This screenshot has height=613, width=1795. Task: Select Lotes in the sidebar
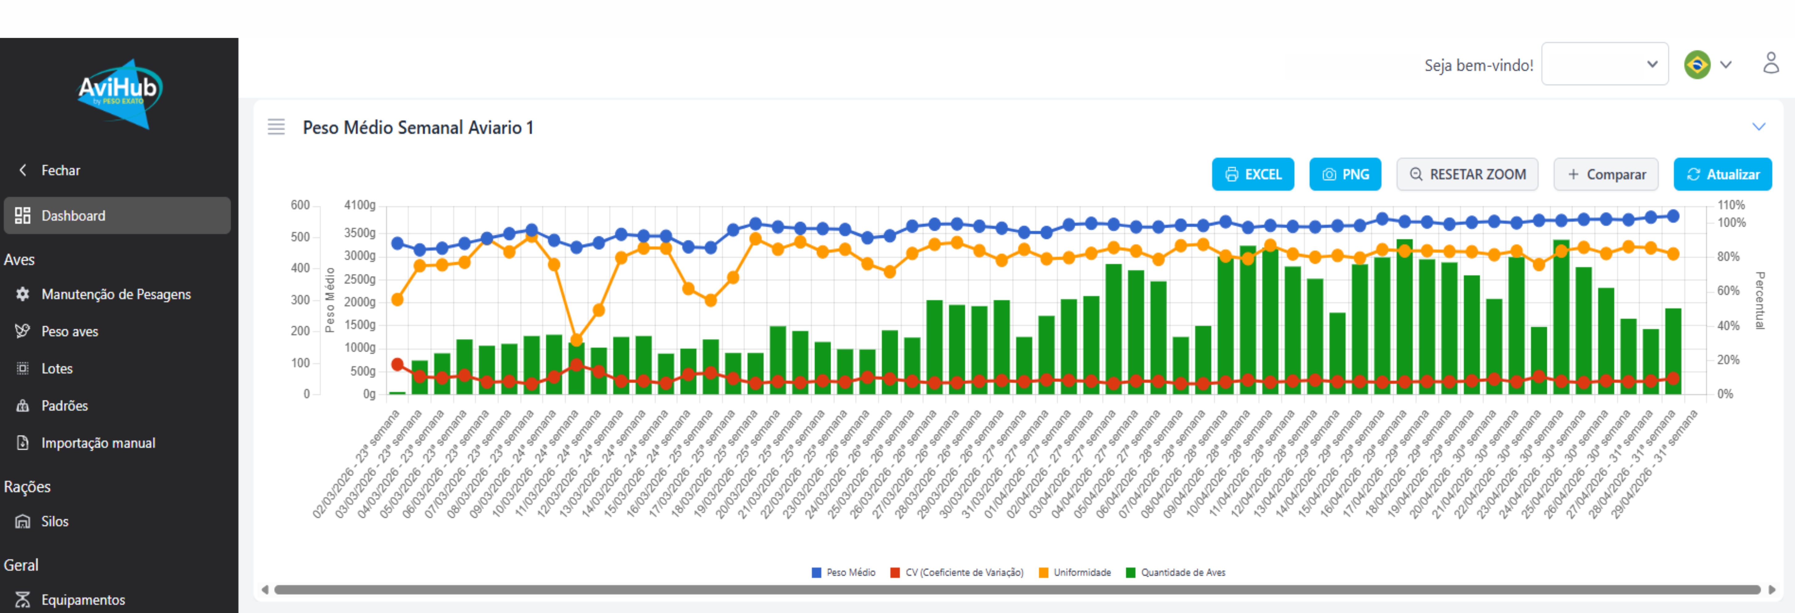tap(56, 369)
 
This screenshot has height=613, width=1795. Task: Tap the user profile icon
tap(1771, 63)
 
